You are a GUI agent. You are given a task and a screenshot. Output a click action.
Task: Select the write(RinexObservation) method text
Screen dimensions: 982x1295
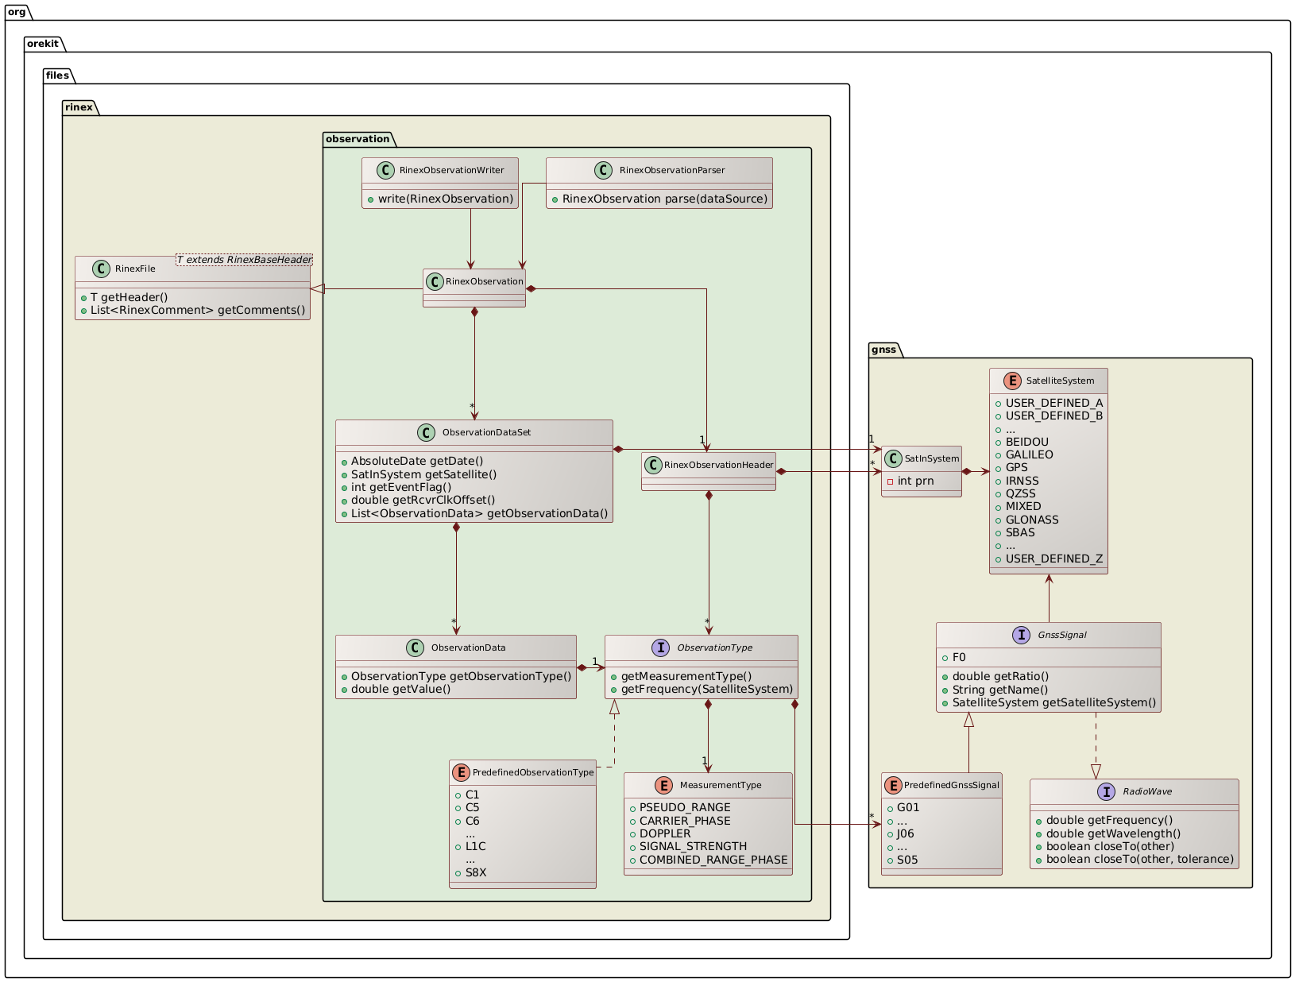pyautogui.click(x=446, y=199)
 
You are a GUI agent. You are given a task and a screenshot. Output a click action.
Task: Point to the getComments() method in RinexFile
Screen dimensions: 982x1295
pyautogui.click(x=198, y=310)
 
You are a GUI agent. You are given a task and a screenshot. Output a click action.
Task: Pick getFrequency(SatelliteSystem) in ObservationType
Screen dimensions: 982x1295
pyautogui.click(x=706, y=689)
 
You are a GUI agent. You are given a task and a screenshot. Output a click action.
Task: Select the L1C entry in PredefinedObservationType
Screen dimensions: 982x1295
pyautogui.click(x=475, y=846)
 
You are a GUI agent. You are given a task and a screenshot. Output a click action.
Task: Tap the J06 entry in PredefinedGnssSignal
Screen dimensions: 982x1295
pyautogui.click(x=906, y=833)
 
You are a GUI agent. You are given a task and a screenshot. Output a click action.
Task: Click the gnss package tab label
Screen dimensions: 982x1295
pyautogui.click(x=883, y=350)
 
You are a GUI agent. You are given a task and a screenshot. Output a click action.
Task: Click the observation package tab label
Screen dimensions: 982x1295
pyautogui.click(x=358, y=139)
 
